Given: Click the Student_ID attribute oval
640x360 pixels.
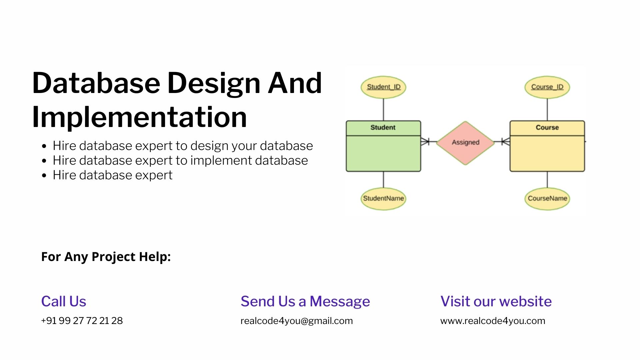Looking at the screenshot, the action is (383, 87).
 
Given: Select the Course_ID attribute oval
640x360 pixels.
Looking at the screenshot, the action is (547, 87).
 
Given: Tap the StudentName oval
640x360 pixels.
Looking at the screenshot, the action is (383, 199).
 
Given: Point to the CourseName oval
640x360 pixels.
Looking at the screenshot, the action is (547, 199).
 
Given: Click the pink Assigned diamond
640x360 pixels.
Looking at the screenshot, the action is (465, 143).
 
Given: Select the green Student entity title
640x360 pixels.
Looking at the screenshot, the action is (383, 128).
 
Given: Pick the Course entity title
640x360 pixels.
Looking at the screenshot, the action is (547, 128).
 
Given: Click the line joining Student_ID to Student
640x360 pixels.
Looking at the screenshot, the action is (383, 109).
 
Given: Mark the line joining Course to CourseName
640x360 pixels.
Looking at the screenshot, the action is (547, 180).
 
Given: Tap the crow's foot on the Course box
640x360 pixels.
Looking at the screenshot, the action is (506, 142).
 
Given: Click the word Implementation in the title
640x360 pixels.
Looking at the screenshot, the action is (139, 117).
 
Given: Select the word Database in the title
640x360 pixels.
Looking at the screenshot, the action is (96, 83).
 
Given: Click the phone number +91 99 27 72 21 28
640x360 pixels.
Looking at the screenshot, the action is (82, 321).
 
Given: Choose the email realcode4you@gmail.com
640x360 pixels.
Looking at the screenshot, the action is (296, 321).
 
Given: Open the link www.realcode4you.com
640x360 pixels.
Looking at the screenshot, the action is (493, 321).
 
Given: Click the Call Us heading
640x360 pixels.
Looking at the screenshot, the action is (63, 301).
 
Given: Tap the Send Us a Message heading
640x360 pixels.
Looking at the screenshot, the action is (305, 301).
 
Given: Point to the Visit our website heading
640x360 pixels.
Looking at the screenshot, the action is (496, 301).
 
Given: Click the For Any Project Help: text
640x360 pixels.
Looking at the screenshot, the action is (106, 257).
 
